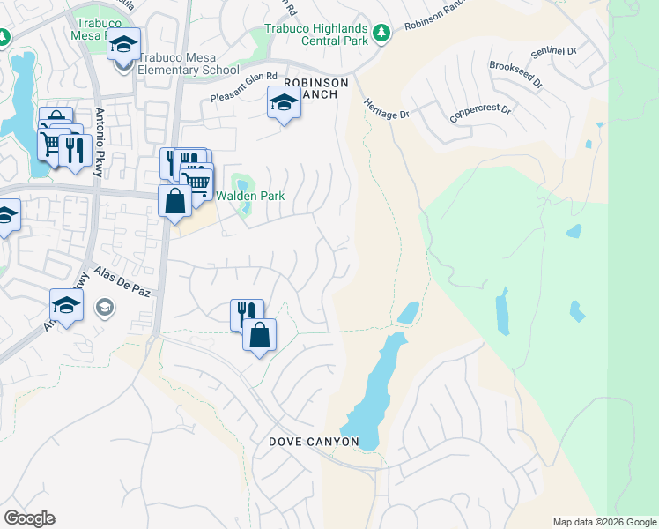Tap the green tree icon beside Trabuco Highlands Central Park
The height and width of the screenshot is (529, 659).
[381, 34]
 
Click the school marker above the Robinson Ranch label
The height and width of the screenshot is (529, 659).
[284, 106]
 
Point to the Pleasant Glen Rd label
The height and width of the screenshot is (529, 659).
[244, 88]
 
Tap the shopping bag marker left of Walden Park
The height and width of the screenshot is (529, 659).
[175, 200]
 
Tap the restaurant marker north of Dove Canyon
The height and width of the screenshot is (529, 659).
[247, 314]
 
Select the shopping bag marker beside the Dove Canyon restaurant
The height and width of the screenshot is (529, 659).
[259, 335]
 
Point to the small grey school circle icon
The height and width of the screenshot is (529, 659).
[105, 308]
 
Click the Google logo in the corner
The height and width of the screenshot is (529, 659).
[29, 518]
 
